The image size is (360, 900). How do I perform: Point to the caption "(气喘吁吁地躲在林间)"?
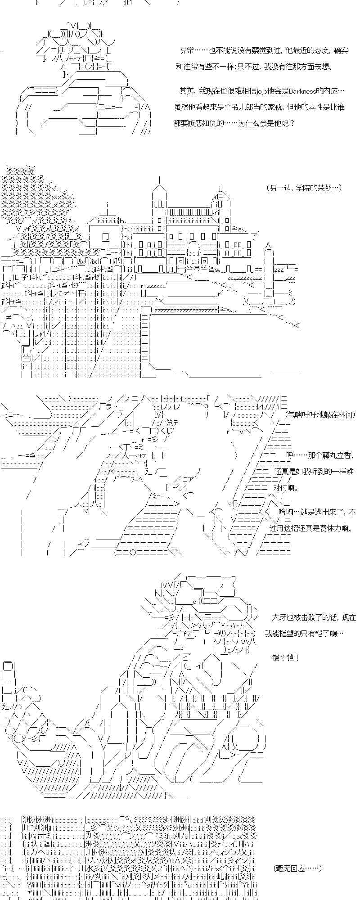(x=320, y=414)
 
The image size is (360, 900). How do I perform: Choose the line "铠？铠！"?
(x=286, y=657)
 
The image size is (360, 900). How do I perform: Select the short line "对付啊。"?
(x=285, y=487)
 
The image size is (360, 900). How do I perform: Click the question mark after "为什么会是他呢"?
(x=292, y=122)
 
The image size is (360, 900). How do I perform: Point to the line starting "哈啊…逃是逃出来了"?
(x=317, y=512)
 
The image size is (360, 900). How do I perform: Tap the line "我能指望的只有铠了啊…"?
(x=304, y=633)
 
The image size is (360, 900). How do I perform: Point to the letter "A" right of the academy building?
(x=268, y=245)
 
